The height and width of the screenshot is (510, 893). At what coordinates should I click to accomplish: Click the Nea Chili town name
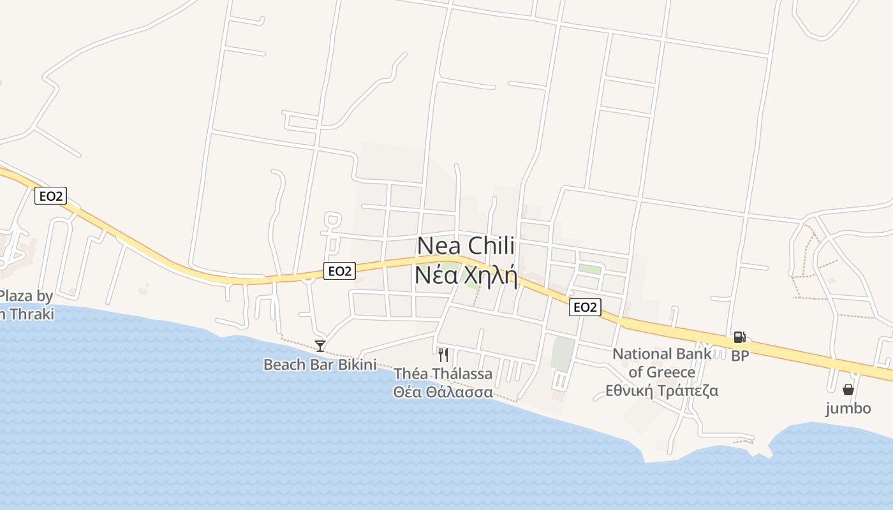466,246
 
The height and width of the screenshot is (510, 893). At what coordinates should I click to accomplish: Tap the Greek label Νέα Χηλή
466,275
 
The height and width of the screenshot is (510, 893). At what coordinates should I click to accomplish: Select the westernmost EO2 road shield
50,196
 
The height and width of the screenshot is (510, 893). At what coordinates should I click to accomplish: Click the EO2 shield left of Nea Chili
339,271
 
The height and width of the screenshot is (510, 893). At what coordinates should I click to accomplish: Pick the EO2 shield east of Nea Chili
585,307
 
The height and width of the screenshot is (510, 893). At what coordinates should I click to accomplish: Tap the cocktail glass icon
320,346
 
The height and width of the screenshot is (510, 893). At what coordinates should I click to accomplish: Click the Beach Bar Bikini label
320,365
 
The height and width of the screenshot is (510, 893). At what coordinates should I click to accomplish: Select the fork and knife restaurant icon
443,355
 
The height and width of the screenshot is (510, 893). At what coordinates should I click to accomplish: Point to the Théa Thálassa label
443,374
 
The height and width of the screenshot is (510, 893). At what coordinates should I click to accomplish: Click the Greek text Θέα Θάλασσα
443,391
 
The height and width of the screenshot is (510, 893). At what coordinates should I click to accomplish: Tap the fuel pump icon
740,337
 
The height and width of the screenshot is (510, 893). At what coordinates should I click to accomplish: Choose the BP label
740,356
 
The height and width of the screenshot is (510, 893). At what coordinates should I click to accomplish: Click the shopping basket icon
848,389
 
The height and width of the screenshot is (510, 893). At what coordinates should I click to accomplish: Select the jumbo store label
848,408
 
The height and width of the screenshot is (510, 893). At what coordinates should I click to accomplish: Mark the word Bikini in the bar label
355,365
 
